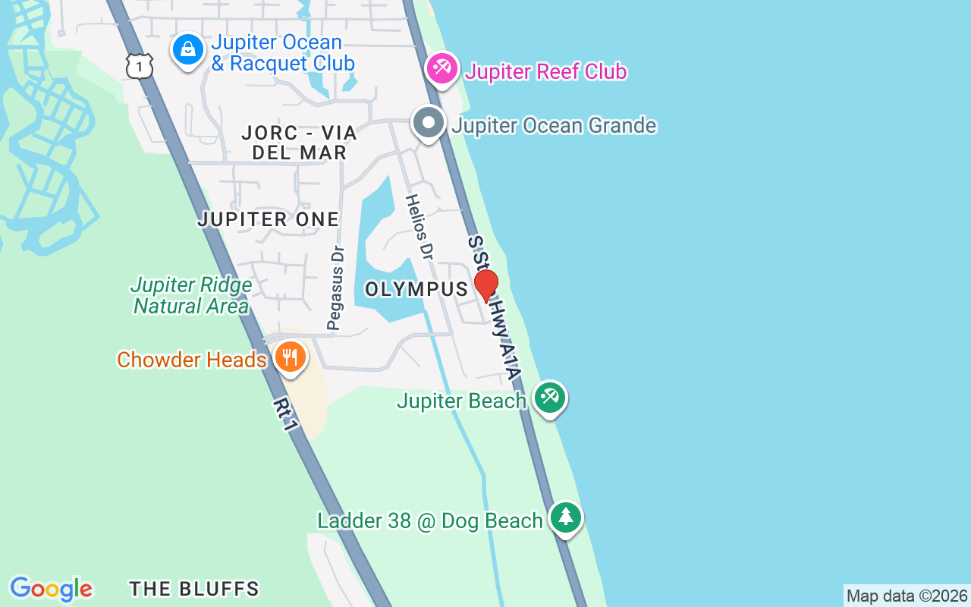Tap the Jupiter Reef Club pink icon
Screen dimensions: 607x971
[441, 69]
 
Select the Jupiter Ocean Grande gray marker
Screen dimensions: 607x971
[429, 124]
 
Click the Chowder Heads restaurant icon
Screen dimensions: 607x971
[290, 357]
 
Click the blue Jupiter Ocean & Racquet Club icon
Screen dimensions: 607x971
[187, 50]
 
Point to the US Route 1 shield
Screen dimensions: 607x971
[140, 66]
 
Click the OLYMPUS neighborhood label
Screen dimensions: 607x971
[416, 290]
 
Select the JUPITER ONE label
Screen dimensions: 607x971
[268, 220]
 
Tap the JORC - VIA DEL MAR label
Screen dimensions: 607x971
[299, 143]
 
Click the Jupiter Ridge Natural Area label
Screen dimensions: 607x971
[191, 296]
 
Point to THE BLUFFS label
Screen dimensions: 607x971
[194, 589]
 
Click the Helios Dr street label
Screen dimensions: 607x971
[418, 228]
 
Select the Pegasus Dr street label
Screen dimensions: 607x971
[335, 288]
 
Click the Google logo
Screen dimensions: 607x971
[52, 589]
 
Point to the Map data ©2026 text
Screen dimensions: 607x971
[907, 596]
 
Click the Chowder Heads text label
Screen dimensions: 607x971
[191, 360]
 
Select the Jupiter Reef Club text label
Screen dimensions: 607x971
[546, 72]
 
